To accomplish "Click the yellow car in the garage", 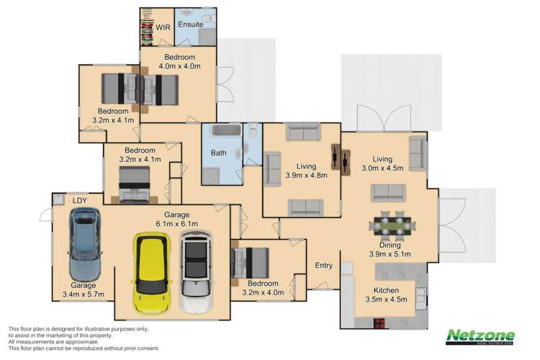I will (153, 271).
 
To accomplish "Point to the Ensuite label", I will (191, 28).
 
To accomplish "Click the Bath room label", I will (218, 153).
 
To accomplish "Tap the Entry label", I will (323, 266).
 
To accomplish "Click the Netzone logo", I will (480, 337).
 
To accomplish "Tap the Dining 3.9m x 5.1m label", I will (389, 250).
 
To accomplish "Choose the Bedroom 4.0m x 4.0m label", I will (179, 61).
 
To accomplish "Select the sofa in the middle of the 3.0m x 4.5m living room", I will (387, 192).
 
